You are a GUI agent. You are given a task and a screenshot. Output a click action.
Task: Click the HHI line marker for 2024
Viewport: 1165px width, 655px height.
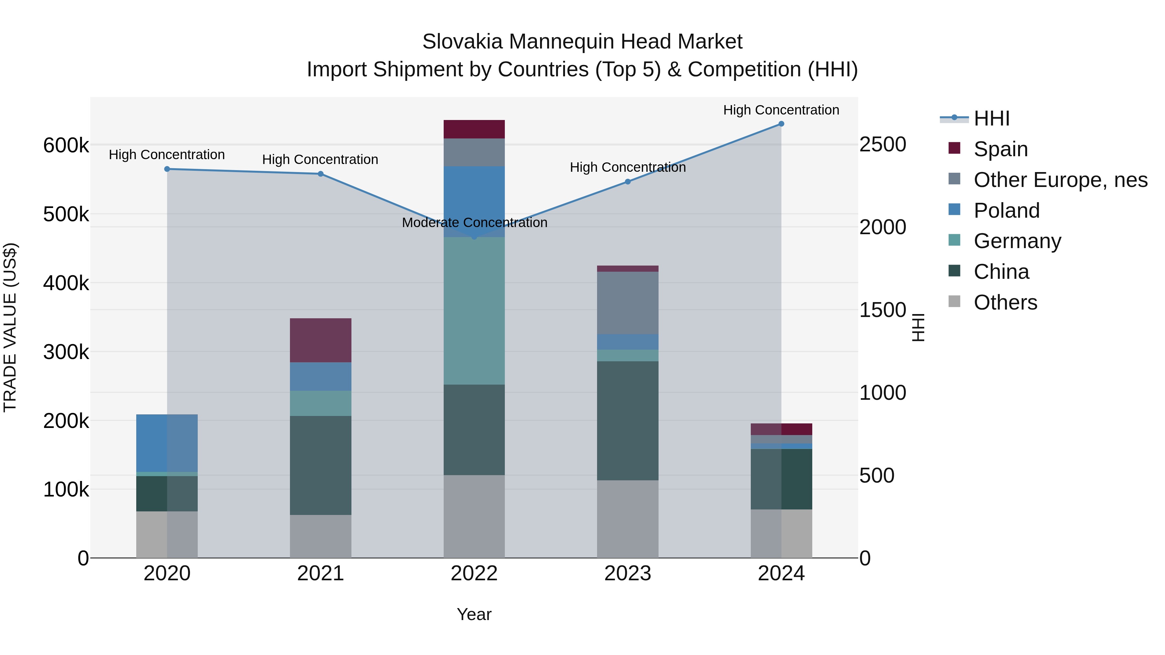click(x=781, y=124)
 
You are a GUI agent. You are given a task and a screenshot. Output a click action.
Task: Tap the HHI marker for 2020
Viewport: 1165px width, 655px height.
click(x=167, y=169)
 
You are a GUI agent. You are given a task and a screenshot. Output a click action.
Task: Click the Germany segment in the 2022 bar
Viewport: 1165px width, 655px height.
click(x=474, y=311)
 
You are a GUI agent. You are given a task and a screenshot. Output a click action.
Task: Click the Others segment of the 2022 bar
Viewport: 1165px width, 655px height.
click(x=474, y=516)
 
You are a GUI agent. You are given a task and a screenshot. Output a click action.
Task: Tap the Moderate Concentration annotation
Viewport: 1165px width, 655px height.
click(x=474, y=223)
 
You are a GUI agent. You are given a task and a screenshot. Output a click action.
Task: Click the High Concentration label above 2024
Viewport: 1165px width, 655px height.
click(x=781, y=110)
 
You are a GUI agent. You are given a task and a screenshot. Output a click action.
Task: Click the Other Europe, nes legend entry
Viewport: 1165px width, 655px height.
click(x=1060, y=180)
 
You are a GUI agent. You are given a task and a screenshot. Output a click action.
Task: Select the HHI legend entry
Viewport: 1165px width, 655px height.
click(x=991, y=118)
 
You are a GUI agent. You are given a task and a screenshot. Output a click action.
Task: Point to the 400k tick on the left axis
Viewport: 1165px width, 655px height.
click(x=66, y=283)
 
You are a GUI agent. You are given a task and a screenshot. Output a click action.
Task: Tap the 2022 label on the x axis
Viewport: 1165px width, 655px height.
click(x=474, y=573)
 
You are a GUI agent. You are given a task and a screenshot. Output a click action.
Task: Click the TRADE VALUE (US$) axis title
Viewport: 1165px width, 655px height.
click(x=10, y=327)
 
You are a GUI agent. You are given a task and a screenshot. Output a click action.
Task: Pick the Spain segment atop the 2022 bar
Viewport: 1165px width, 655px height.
click(x=474, y=129)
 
